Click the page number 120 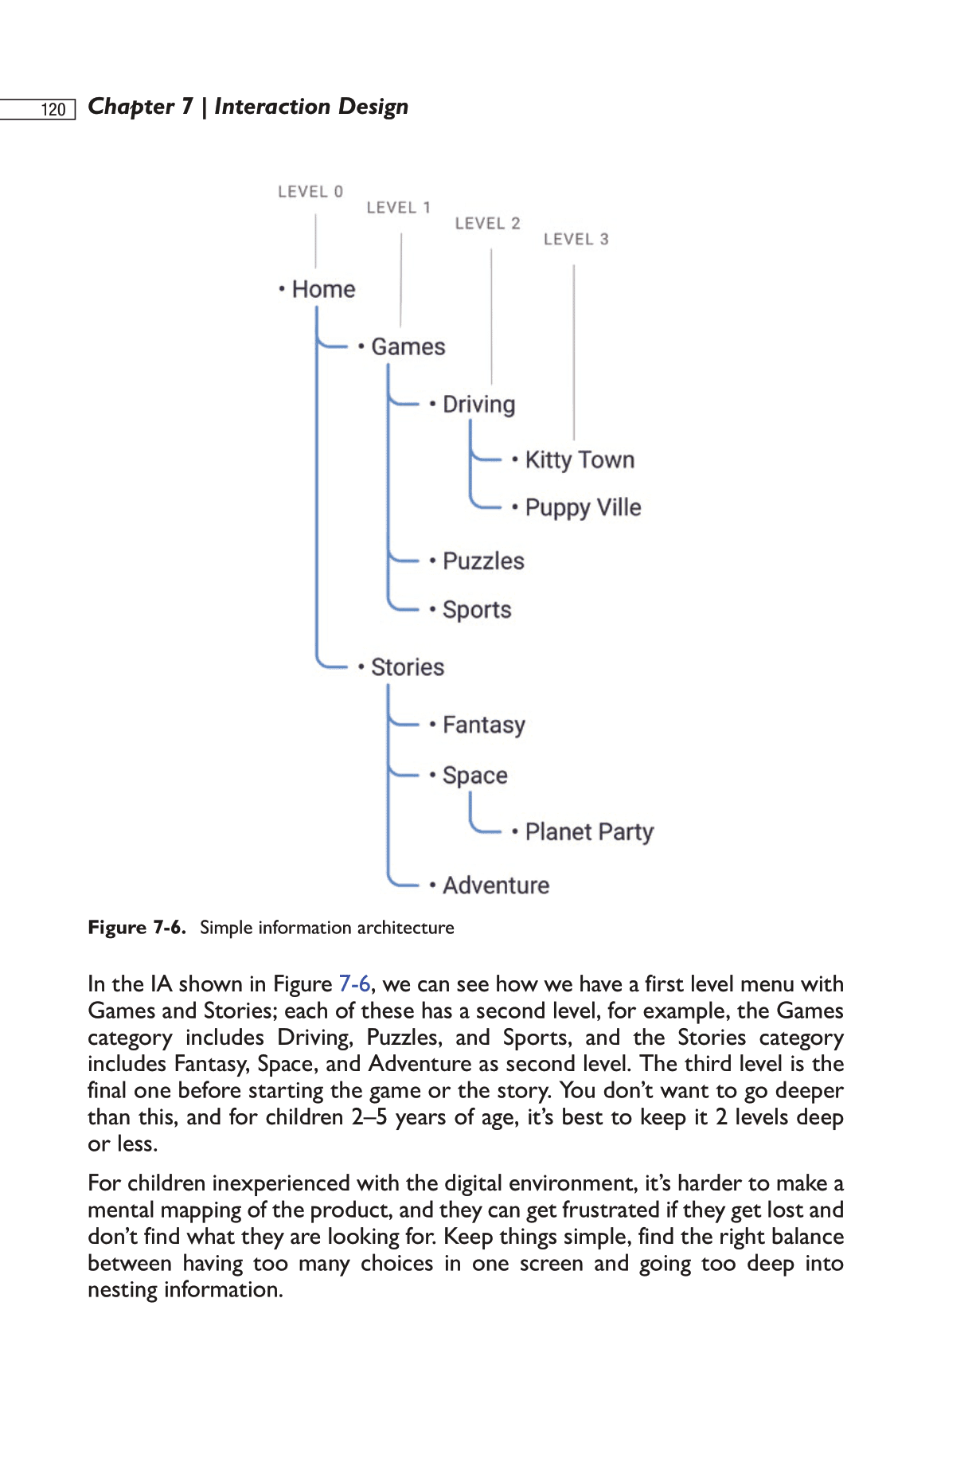53,110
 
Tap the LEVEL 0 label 310,192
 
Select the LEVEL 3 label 576,240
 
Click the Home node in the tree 323,289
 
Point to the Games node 408,347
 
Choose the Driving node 478,405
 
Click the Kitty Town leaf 580,460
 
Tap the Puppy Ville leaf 583,508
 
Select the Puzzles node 483,561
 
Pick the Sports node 477,610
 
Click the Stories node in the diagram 408,667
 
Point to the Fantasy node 484,725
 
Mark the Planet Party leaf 589,832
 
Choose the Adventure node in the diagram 496,886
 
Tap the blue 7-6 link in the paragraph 354,984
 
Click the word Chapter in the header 131,107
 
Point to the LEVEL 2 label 488,224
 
